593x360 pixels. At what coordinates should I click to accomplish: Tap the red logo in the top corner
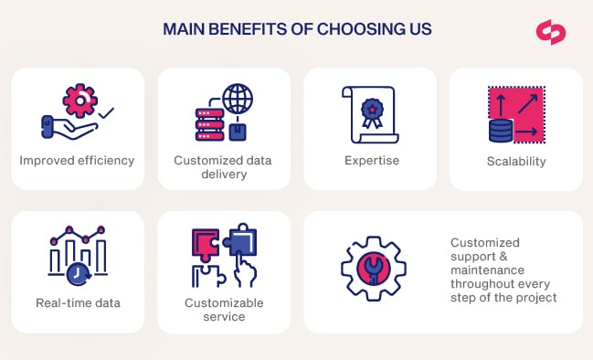(551, 30)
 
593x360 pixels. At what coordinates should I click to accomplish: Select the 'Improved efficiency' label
(77, 161)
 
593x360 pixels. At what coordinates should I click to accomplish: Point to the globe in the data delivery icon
(238, 98)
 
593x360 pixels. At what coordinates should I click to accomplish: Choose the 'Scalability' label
(516, 162)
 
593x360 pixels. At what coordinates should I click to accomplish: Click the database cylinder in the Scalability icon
(500, 131)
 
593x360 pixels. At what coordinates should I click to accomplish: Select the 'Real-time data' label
(78, 303)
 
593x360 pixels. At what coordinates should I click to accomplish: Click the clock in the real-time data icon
(78, 273)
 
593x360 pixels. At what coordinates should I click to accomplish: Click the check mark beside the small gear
(106, 113)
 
